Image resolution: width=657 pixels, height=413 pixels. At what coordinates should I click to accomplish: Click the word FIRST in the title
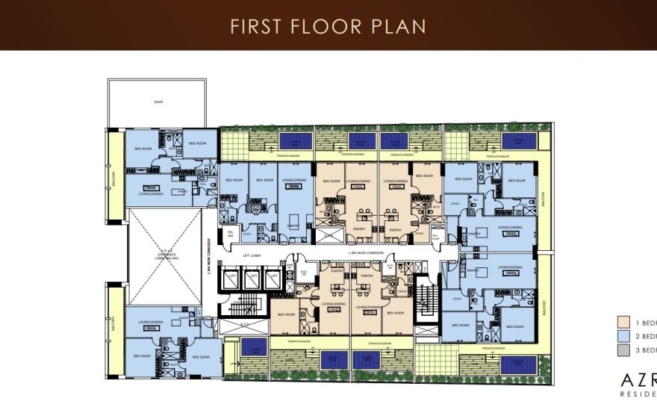point(255,26)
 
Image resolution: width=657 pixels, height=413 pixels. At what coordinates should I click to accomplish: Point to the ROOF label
point(158,102)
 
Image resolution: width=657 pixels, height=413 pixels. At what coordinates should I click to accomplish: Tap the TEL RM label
point(230,234)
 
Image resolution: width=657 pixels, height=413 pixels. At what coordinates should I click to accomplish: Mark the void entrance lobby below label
point(165,254)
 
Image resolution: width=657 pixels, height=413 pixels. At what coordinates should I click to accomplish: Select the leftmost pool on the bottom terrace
point(254,347)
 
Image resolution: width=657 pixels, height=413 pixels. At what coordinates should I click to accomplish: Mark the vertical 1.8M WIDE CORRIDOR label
point(208,258)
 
